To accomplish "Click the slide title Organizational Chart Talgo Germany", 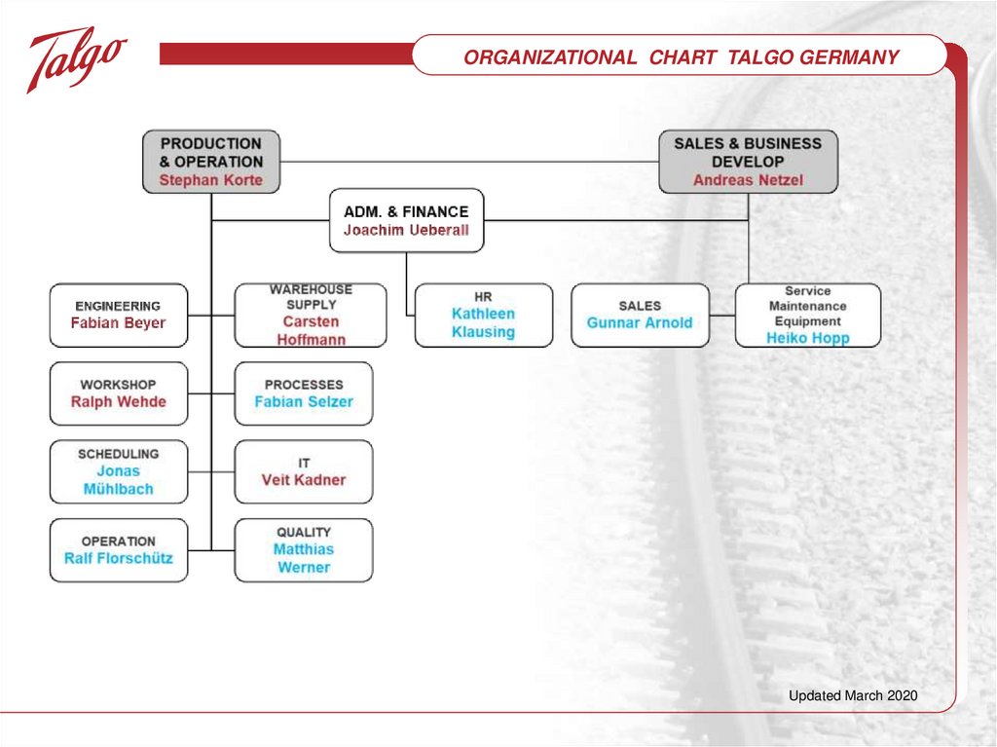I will tap(681, 57).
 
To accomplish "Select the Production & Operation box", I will tap(211, 161).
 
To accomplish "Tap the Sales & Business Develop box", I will tap(748, 161).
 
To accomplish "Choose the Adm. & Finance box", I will tap(406, 220).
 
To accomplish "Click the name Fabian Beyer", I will tap(119, 323).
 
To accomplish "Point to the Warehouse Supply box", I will tap(311, 315).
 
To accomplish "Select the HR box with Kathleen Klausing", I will tap(483, 315).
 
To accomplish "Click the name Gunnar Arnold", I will tap(640, 323).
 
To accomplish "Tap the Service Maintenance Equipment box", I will tap(807, 315).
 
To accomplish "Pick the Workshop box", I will tap(119, 393).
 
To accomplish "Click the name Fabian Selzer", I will tap(304, 402).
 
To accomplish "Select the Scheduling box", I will tap(119, 471).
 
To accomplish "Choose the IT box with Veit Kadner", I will tap(304, 471).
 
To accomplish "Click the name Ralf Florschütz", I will tap(119, 559).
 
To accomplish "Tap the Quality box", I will tap(304, 550).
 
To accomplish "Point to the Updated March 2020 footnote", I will tap(853, 695).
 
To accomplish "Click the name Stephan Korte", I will tap(211, 180).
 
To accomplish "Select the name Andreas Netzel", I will tap(748, 180).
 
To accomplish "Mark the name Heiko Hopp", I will tap(807, 338).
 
